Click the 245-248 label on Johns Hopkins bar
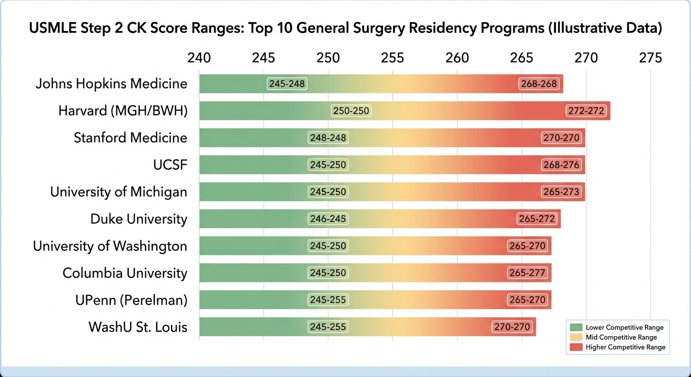[287, 84]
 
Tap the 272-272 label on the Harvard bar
[586, 111]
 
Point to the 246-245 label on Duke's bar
[328, 219]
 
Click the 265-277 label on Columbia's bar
[527, 273]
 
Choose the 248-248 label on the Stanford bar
[328, 138]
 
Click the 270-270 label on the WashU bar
[513, 327]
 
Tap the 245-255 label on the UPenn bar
[328, 300]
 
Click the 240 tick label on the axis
[199, 58]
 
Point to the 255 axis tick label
[393, 58]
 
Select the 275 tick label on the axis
[650, 58]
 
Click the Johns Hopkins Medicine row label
[111, 84]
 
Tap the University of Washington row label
[110, 246]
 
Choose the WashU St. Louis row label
[138, 327]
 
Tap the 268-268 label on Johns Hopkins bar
[539, 84]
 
